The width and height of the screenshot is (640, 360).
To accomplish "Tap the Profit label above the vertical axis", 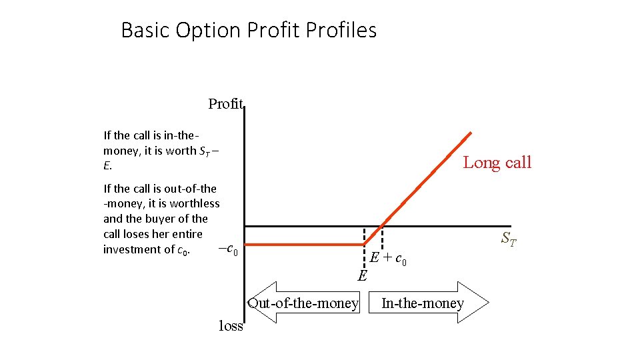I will tap(226, 103).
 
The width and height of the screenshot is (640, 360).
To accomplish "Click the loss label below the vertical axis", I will tap(231, 326).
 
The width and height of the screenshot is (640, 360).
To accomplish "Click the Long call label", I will tap(497, 162).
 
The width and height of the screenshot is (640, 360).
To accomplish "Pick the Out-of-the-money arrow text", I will tap(303, 303).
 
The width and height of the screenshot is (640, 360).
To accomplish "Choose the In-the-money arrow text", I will tap(423, 303).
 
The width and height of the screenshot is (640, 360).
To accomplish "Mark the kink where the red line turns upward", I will tap(365, 245).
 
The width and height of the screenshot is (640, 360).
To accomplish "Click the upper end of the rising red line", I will tap(470, 133).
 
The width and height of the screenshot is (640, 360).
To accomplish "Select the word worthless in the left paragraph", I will tap(195, 203).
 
